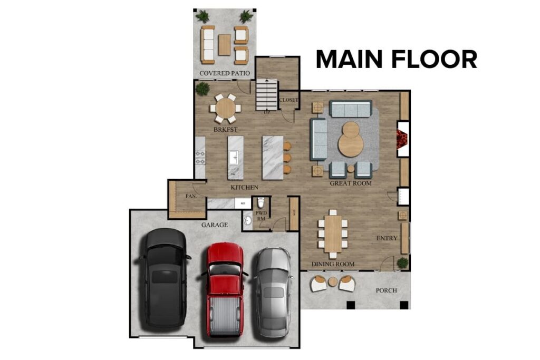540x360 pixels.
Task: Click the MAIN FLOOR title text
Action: [x=396, y=59]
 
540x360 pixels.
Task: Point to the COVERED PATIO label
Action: [x=225, y=73]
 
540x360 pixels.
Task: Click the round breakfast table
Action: [x=226, y=109]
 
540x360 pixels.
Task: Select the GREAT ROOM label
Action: [x=350, y=183]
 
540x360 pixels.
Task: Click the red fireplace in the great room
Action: [x=403, y=139]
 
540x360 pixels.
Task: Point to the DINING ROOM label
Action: [x=332, y=264]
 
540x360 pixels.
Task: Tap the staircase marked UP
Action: [x=267, y=95]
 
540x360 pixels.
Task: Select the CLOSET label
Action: [x=288, y=100]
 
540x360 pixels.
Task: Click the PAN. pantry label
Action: [x=191, y=196]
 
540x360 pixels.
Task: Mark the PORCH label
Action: [x=386, y=290]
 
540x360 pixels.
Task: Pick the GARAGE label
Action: [x=214, y=225]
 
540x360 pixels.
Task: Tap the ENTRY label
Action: [x=387, y=238]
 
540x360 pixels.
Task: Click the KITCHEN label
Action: [x=244, y=187]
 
